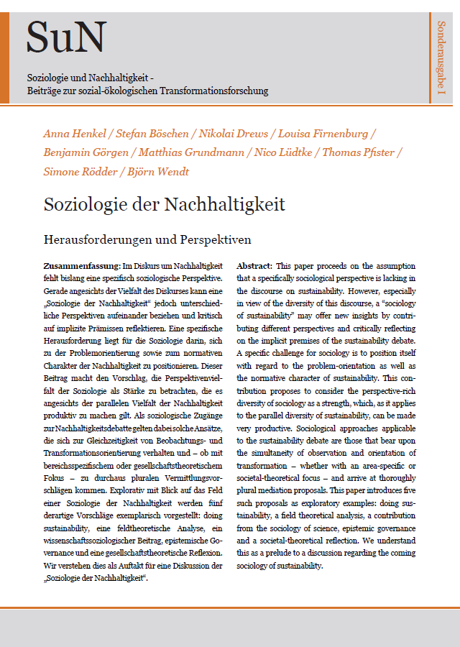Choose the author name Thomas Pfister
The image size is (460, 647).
361,152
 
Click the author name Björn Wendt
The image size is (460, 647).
164,171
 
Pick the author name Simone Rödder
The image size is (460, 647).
80,171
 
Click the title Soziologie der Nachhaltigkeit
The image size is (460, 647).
164,205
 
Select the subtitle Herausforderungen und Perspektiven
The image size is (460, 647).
148,239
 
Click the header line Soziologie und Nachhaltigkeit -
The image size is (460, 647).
91,77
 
